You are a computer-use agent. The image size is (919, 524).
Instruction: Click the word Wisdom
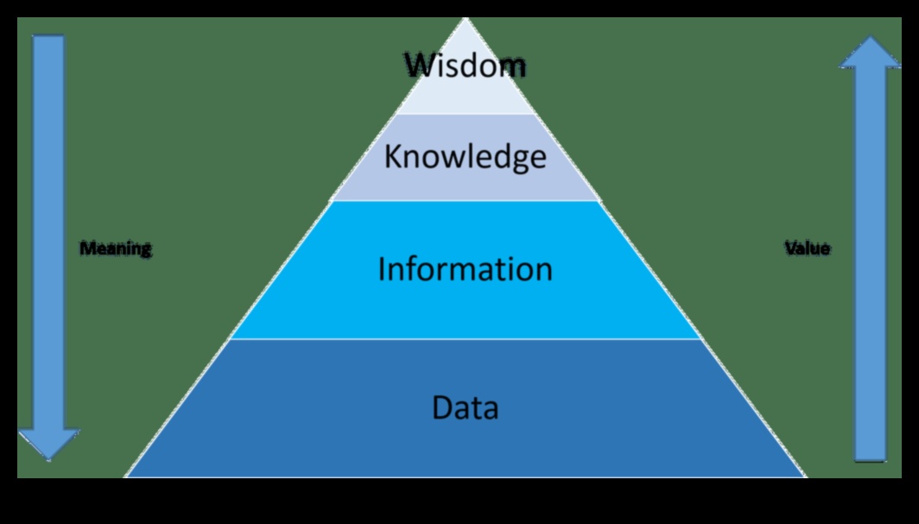(465, 65)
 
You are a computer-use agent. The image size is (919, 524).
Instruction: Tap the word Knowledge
(465, 157)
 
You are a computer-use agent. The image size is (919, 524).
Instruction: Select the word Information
(465, 269)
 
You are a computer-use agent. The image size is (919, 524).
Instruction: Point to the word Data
(465, 407)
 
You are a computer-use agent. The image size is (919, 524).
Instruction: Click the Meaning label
(116, 249)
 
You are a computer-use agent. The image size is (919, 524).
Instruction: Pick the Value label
(807, 249)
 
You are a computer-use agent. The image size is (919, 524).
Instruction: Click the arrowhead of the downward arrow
(48, 444)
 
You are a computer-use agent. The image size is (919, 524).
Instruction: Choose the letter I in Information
(382, 269)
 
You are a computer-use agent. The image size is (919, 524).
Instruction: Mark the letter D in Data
(441, 407)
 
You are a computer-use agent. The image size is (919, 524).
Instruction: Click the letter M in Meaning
(86, 249)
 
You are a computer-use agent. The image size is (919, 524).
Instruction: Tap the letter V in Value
(789, 249)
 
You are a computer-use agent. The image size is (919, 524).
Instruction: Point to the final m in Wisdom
(511, 66)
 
